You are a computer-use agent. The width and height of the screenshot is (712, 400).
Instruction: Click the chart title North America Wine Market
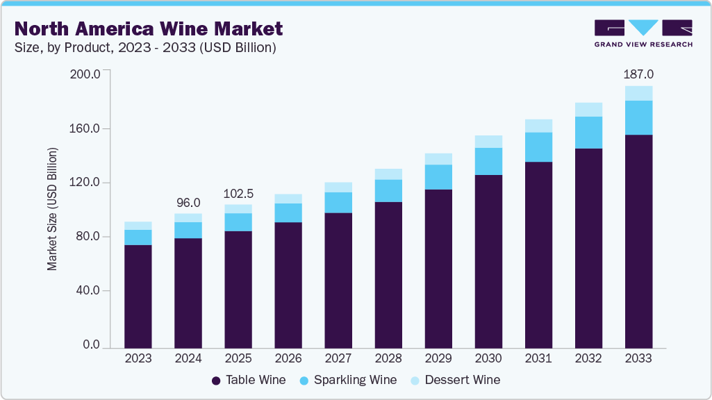[x=149, y=28]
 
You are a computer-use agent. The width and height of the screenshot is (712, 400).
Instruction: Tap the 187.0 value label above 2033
[x=638, y=74]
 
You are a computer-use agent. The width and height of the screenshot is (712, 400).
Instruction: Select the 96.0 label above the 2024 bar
[x=188, y=203]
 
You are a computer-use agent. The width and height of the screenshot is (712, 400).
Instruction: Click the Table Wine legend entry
[x=249, y=380]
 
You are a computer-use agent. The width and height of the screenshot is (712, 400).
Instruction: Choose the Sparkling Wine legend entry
[x=347, y=380]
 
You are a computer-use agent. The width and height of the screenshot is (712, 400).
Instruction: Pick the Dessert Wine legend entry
[x=455, y=380]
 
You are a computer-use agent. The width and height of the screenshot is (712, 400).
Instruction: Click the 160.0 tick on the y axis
[x=86, y=128]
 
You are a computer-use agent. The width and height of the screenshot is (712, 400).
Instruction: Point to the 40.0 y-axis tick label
[x=88, y=291]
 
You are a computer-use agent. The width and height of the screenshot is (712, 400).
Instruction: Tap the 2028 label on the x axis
[x=388, y=359]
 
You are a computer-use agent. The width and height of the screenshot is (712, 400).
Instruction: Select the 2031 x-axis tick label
[x=538, y=359]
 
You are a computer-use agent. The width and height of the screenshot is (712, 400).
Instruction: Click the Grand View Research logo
[x=643, y=33]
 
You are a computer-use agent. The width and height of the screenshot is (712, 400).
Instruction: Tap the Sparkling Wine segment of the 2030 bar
[x=488, y=161]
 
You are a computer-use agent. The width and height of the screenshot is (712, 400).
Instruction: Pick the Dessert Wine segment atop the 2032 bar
[x=588, y=109]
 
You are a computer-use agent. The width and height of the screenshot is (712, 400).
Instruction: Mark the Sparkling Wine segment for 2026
[x=288, y=212]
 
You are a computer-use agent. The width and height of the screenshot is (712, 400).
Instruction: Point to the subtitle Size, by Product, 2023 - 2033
[x=146, y=48]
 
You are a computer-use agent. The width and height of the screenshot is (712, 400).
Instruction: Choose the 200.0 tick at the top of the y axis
[x=86, y=74]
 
